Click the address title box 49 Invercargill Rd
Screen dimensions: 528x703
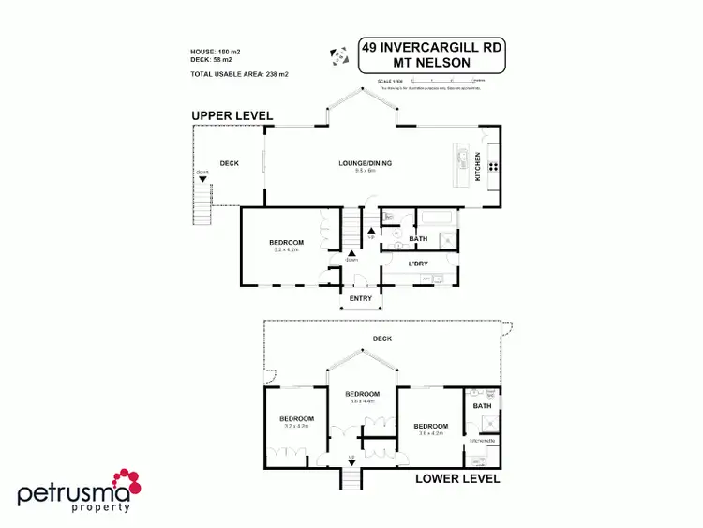(432, 55)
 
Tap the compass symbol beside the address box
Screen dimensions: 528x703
(339, 57)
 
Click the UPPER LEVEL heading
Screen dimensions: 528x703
(232, 115)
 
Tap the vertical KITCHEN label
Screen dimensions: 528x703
(478, 166)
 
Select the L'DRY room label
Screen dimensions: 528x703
(419, 264)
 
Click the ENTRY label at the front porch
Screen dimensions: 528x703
(361, 299)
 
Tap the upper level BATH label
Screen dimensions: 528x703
(418, 239)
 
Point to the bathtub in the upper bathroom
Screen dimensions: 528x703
(438, 219)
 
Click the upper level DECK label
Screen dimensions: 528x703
(230, 164)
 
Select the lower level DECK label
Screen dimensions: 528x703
(381, 339)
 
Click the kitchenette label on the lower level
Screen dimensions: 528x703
(482, 440)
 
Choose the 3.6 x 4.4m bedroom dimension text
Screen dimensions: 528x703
(362, 401)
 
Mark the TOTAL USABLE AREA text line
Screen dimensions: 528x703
(240, 73)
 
